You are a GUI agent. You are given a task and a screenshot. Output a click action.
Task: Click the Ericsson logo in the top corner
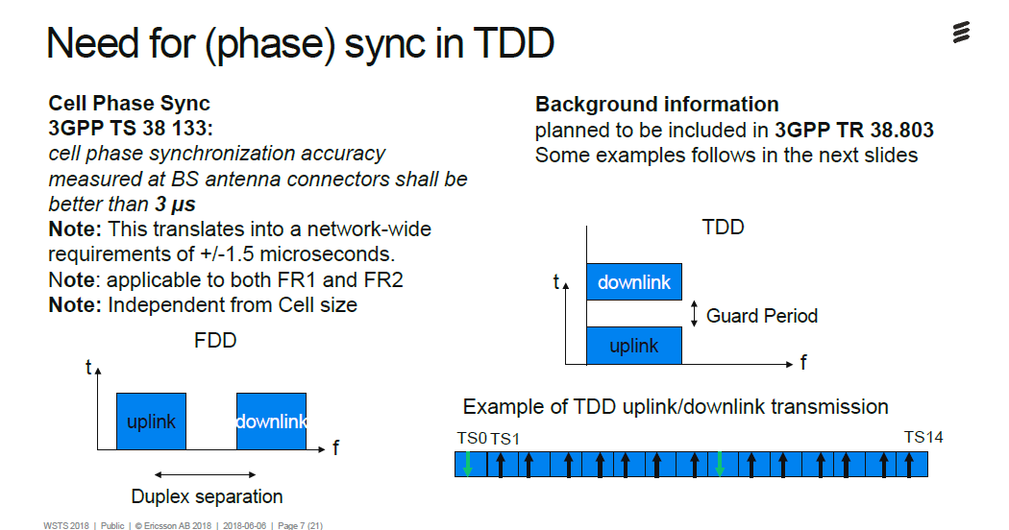click(960, 33)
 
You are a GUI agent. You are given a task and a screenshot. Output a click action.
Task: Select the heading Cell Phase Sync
click(129, 104)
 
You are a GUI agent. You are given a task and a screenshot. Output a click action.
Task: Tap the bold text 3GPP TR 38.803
click(854, 130)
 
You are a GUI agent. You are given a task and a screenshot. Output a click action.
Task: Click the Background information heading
click(656, 104)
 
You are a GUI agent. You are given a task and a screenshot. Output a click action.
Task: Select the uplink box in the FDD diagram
click(151, 422)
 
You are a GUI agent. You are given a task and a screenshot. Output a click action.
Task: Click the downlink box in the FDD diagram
click(271, 422)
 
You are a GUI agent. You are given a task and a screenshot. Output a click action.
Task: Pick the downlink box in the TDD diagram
click(634, 282)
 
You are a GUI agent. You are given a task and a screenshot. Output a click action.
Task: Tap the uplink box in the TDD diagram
click(634, 346)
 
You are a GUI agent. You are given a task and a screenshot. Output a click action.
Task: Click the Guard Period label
click(762, 316)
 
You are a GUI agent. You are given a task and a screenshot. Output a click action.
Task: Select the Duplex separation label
click(207, 496)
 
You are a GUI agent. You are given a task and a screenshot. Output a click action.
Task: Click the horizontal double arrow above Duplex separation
click(205, 473)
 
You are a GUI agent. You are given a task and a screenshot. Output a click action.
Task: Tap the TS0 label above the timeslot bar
click(472, 438)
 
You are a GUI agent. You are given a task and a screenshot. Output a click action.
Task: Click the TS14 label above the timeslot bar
click(923, 437)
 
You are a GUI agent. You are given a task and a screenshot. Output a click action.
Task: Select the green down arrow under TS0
click(468, 465)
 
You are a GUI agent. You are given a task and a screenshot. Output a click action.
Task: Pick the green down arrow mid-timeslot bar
click(720, 465)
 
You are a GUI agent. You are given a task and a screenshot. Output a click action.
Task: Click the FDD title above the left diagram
click(215, 341)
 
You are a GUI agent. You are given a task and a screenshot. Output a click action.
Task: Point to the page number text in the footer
click(299, 524)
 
